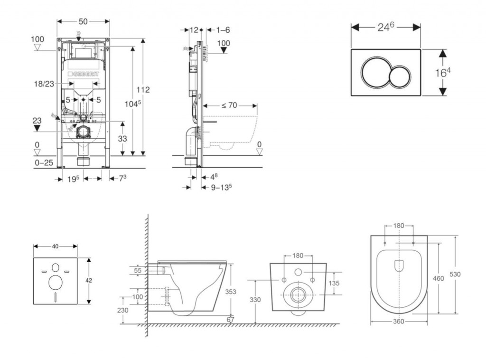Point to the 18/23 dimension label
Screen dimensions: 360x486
click(44, 84)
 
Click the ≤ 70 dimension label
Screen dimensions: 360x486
click(229, 105)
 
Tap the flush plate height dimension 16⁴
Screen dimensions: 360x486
click(443, 73)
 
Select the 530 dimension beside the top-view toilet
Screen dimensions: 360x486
click(469, 275)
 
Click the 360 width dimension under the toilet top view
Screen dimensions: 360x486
click(399, 322)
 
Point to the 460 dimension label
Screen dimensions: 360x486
click(439, 278)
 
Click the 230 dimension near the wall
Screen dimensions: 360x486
click(122, 310)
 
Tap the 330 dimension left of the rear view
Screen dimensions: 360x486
click(255, 300)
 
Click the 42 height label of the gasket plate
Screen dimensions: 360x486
click(88, 280)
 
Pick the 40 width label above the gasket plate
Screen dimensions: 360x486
click(55, 246)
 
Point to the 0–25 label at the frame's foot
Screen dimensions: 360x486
click(43, 162)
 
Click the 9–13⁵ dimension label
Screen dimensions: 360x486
click(221, 187)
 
